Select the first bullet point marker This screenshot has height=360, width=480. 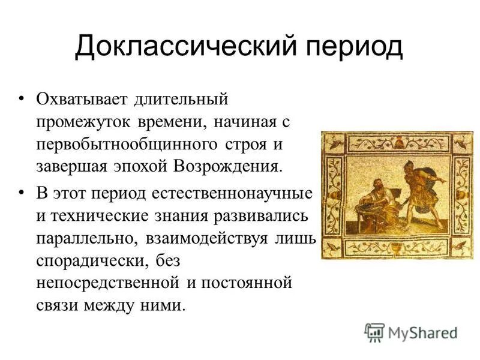point(22,98)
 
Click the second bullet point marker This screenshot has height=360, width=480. point(22,192)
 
